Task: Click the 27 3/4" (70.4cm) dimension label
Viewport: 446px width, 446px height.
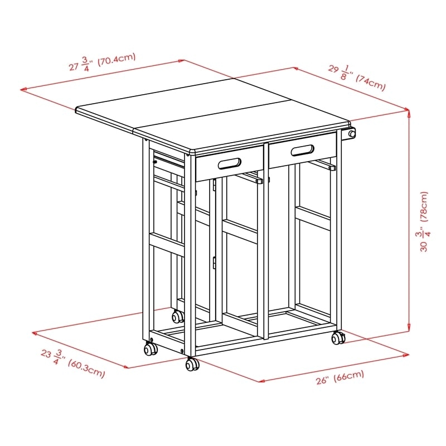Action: [103, 63]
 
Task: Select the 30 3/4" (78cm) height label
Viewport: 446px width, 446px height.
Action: [425, 222]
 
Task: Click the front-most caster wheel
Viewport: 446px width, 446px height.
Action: [192, 365]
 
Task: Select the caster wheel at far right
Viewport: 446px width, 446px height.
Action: [338, 338]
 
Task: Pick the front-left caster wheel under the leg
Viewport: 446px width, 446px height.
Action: [150, 350]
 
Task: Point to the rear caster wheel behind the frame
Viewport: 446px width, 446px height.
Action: [178, 317]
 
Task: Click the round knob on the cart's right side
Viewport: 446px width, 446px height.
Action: [352, 134]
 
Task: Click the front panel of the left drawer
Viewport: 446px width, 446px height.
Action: [229, 163]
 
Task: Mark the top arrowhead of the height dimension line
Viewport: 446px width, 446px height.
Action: [410, 112]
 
